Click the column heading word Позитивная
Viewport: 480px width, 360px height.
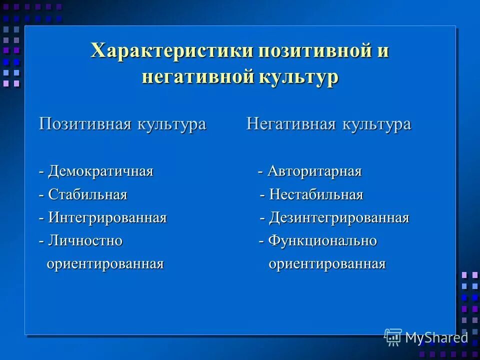(x=85, y=124)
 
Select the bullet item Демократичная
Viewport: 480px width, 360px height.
(x=100, y=171)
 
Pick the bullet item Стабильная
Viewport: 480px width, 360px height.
(x=87, y=194)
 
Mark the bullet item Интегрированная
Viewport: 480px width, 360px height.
(x=107, y=217)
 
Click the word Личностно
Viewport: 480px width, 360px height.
(x=85, y=240)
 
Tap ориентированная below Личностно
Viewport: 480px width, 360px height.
(x=105, y=263)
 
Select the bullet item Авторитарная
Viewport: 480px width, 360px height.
(x=314, y=171)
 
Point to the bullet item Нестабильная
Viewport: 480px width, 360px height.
(x=316, y=194)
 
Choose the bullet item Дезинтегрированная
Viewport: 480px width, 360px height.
(x=339, y=217)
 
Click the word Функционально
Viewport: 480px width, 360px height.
(x=322, y=240)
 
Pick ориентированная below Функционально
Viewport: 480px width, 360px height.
(x=327, y=263)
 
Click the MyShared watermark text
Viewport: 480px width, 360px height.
(x=436, y=337)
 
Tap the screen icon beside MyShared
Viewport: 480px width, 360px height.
(x=393, y=337)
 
